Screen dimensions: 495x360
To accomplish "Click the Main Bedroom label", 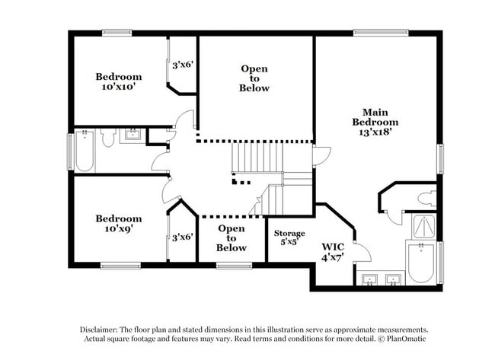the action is pyautogui.click(x=375, y=117).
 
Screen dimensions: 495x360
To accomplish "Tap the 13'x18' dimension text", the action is pyautogui.click(x=375, y=132).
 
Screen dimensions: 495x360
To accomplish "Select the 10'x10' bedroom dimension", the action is pyautogui.click(x=118, y=87).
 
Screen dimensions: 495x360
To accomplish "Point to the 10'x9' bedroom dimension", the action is pyautogui.click(x=118, y=228).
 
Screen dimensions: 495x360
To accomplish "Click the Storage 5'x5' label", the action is pyautogui.click(x=289, y=237).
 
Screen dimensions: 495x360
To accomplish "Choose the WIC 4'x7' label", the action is pyautogui.click(x=333, y=252).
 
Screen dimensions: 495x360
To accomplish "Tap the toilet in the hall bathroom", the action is pyautogui.click(x=108, y=137).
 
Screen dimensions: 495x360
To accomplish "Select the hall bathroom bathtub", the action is pyautogui.click(x=85, y=151).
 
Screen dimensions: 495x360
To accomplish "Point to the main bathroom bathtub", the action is pyautogui.click(x=421, y=263).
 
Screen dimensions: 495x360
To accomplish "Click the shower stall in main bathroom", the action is pyautogui.click(x=424, y=226).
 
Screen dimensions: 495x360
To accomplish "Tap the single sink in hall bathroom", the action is pyautogui.click(x=133, y=134).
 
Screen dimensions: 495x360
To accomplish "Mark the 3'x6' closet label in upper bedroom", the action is pyautogui.click(x=183, y=65).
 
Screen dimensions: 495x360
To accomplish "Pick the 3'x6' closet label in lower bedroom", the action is pyautogui.click(x=183, y=237).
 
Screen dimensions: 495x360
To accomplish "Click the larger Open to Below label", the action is pyautogui.click(x=254, y=78).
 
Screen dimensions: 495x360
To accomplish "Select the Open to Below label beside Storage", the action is pyautogui.click(x=231, y=238).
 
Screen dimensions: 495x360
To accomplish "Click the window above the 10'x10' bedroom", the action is pyautogui.click(x=117, y=33).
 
